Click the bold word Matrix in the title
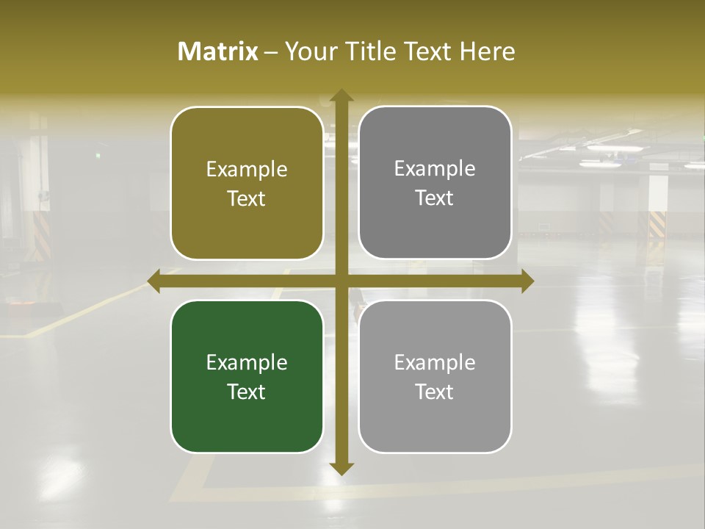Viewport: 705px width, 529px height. click(x=218, y=51)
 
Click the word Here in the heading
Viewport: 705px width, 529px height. click(x=488, y=51)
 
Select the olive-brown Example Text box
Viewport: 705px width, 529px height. click(x=247, y=183)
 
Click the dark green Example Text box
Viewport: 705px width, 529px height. click(x=247, y=376)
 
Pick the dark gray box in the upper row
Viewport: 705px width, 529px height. click(x=435, y=182)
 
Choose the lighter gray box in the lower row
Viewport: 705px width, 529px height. click(x=435, y=376)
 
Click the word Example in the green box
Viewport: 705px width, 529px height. click(x=247, y=362)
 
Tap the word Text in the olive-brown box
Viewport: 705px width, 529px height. click(x=247, y=198)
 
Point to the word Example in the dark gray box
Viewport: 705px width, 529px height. click(x=435, y=168)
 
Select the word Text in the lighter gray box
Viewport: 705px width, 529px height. click(x=435, y=392)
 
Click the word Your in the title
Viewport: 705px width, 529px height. click(x=309, y=51)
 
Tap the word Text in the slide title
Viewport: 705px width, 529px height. click(x=424, y=51)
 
